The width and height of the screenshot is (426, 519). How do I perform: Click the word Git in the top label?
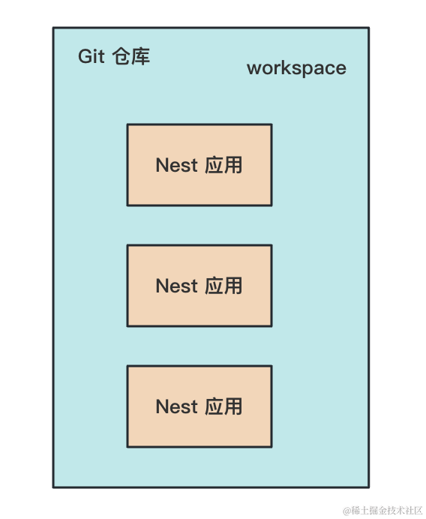91,56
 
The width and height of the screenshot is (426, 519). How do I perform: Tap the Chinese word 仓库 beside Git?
131,56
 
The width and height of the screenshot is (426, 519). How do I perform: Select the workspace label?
296,68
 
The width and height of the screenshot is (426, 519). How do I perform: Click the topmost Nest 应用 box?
199,165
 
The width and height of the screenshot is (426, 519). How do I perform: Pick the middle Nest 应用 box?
199,286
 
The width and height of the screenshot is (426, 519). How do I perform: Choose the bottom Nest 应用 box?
199,406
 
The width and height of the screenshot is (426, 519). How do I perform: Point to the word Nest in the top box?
177,165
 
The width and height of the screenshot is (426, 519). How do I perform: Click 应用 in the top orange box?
223,165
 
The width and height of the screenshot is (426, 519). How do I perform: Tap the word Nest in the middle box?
177,286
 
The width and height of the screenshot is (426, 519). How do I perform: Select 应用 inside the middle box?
223,286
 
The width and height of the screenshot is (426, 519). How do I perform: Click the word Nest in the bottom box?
177,406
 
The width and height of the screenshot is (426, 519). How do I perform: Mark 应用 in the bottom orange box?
223,406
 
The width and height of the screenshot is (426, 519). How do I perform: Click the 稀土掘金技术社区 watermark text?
387,511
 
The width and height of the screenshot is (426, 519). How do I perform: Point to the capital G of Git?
85,56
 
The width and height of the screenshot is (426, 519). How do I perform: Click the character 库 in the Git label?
141,56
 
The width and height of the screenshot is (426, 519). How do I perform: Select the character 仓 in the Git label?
121,56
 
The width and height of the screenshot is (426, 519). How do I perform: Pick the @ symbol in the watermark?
347,511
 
